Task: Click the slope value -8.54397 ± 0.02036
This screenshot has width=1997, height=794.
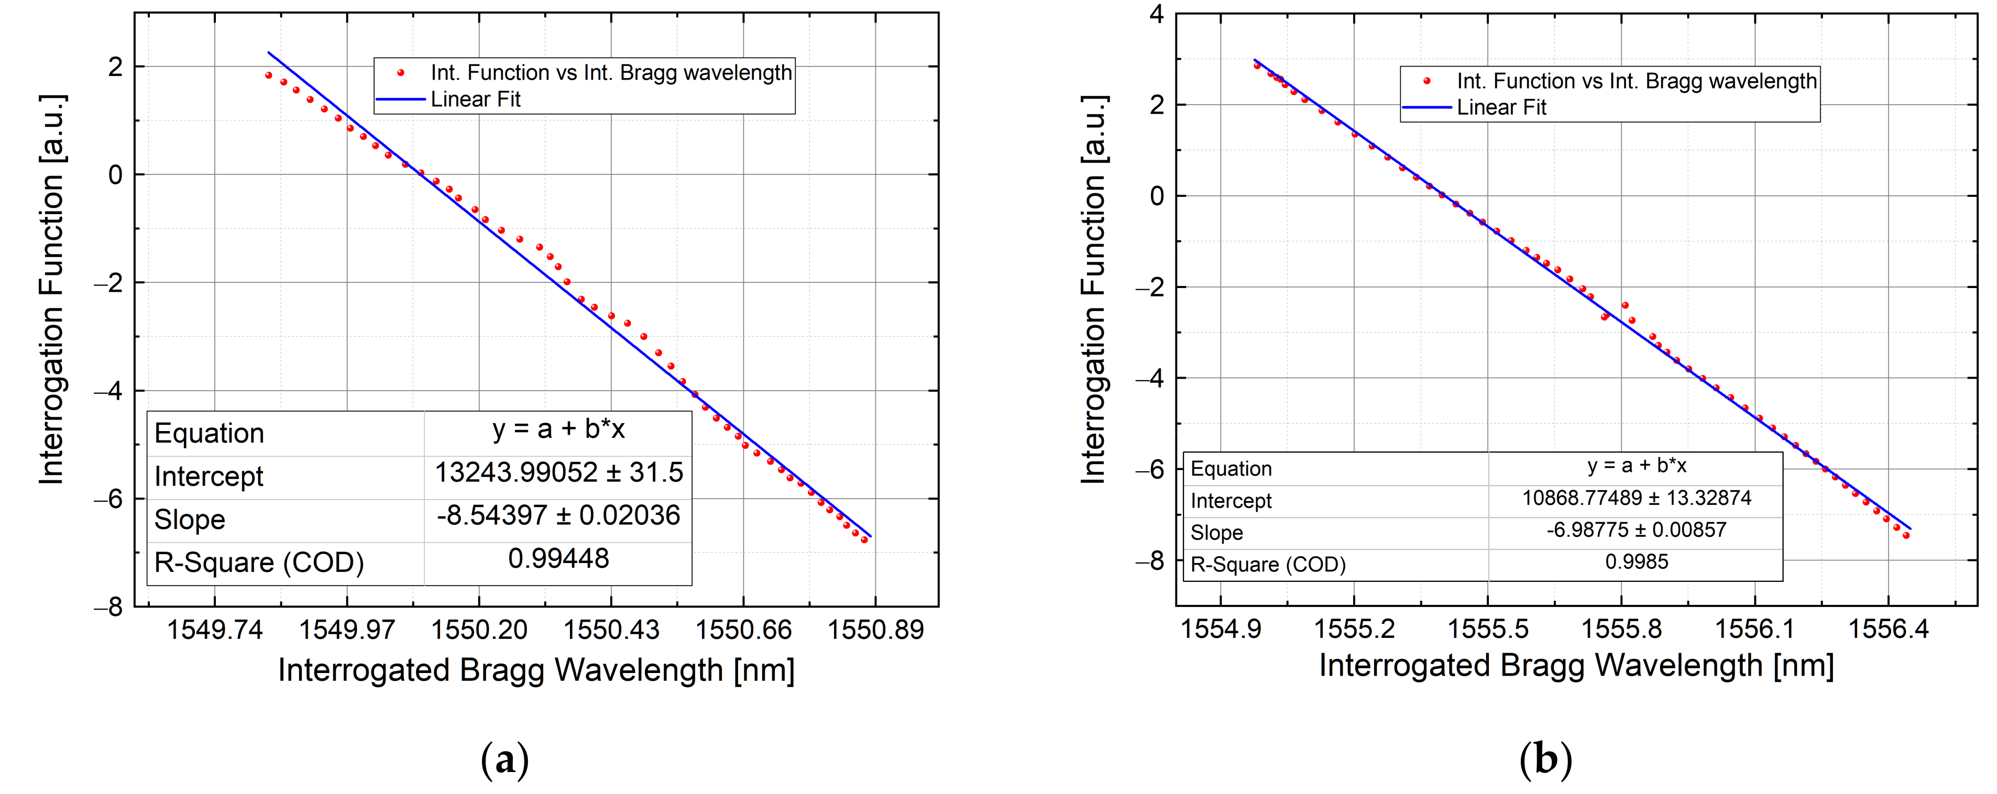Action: coord(558,516)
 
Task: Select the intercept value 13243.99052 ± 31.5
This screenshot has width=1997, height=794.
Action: coord(558,472)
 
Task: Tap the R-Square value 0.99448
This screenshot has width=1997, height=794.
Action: coord(558,558)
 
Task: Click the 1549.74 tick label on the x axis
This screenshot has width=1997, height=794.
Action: coord(215,630)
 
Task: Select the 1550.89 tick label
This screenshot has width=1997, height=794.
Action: coord(875,630)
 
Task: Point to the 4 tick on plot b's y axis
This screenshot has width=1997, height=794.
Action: coord(1156,14)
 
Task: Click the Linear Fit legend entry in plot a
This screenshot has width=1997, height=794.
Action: coord(475,100)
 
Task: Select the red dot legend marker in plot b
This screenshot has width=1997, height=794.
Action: coord(1427,81)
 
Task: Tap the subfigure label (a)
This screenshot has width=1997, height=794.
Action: coord(504,760)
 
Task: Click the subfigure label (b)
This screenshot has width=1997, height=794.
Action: coord(1545,760)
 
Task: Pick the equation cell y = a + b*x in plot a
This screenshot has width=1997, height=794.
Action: coord(558,429)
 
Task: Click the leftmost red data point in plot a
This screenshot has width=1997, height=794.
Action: coord(268,76)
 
